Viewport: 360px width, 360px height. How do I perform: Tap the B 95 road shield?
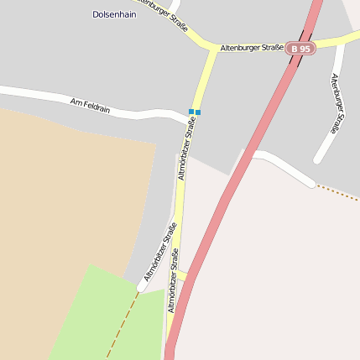pyautogui.click(x=300, y=49)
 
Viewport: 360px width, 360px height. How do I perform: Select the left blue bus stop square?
pyautogui.click(x=191, y=112)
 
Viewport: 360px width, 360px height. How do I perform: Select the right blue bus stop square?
pyautogui.click(x=198, y=112)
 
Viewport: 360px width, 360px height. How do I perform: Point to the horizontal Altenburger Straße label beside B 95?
pyautogui.click(x=252, y=49)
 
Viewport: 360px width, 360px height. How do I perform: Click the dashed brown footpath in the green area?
pyautogui.click(x=122, y=323)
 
